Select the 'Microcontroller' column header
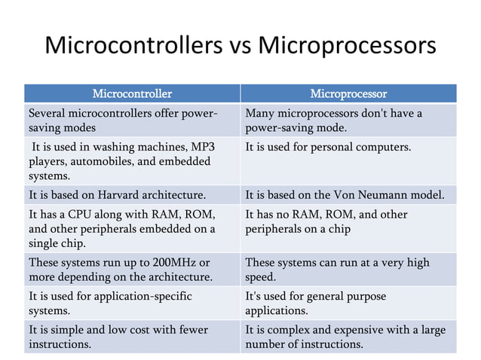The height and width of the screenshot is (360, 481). click(x=131, y=94)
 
